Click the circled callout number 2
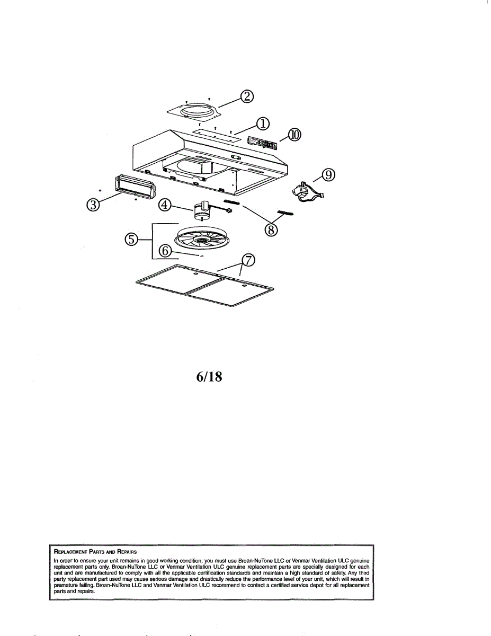[x=247, y=96]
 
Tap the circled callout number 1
[x=262, y=123]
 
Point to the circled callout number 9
[x=329, y=174]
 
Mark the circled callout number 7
[x=248, y=260]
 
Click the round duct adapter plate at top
[x=194, y=111]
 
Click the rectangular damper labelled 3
[x=133, y=187]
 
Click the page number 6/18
[x=208, y=377]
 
